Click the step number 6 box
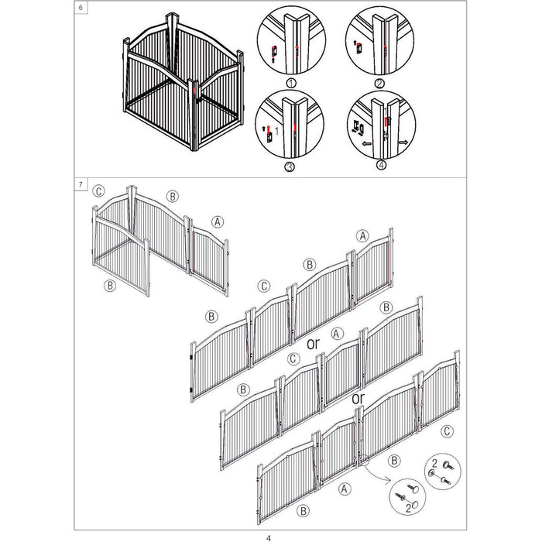tap(81, 7)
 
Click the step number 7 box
tap(81, 184)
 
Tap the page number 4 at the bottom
tap(269, 538)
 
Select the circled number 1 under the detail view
tap(291, 83)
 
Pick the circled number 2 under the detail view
tap(379, 84)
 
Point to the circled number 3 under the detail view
tap(290, 167)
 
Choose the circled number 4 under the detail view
tap(381, 165)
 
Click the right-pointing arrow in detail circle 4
tap(403, 142)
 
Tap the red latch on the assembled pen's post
tap(194, 91)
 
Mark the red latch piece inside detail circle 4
tap(386, 121)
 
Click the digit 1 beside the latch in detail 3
tap(276, 131)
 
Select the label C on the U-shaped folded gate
tap(98, 191)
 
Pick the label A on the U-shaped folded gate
tap(217, 221)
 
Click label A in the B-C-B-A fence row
tap(362, 236)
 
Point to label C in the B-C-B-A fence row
tap(264, 286)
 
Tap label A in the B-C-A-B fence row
tap(337, 334)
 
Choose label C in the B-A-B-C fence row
tap(447, 431)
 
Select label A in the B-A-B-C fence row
tap(344, 489)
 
